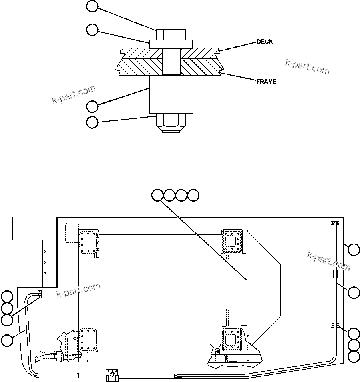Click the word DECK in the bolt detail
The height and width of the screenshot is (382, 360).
[265, 42]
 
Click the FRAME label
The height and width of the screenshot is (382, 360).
[266, 82]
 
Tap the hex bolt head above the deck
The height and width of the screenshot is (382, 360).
[171, 34]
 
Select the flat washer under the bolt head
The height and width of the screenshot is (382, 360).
[171, 44]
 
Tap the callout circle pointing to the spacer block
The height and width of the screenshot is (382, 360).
[92, 106]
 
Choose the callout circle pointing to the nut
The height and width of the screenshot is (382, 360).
[92, 122]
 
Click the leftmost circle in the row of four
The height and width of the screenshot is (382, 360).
[157, 195]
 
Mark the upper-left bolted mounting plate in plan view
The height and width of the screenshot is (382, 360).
[88, 242]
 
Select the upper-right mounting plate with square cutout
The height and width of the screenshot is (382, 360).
[232, 241]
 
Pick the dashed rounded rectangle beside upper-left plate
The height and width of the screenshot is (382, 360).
[71, 232]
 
